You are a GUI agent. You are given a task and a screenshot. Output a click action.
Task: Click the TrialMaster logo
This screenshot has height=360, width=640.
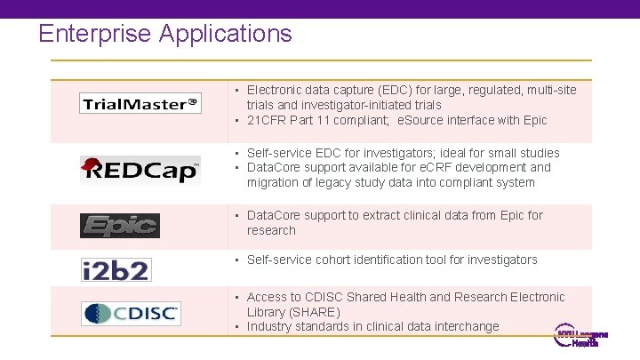click(x=140, y=104)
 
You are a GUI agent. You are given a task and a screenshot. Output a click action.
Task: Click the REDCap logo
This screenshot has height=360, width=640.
click(x=140, y=169)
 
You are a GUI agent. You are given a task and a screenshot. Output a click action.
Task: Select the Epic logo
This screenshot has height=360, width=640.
click(x=120, y=226)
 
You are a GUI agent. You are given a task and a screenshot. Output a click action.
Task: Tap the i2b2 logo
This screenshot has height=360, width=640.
click(x=116, y=268)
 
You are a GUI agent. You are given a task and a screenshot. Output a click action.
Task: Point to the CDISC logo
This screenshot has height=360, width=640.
click(x=131, y=313)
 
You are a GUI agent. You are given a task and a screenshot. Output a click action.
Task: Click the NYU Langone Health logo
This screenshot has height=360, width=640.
click(x=581, y=338)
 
